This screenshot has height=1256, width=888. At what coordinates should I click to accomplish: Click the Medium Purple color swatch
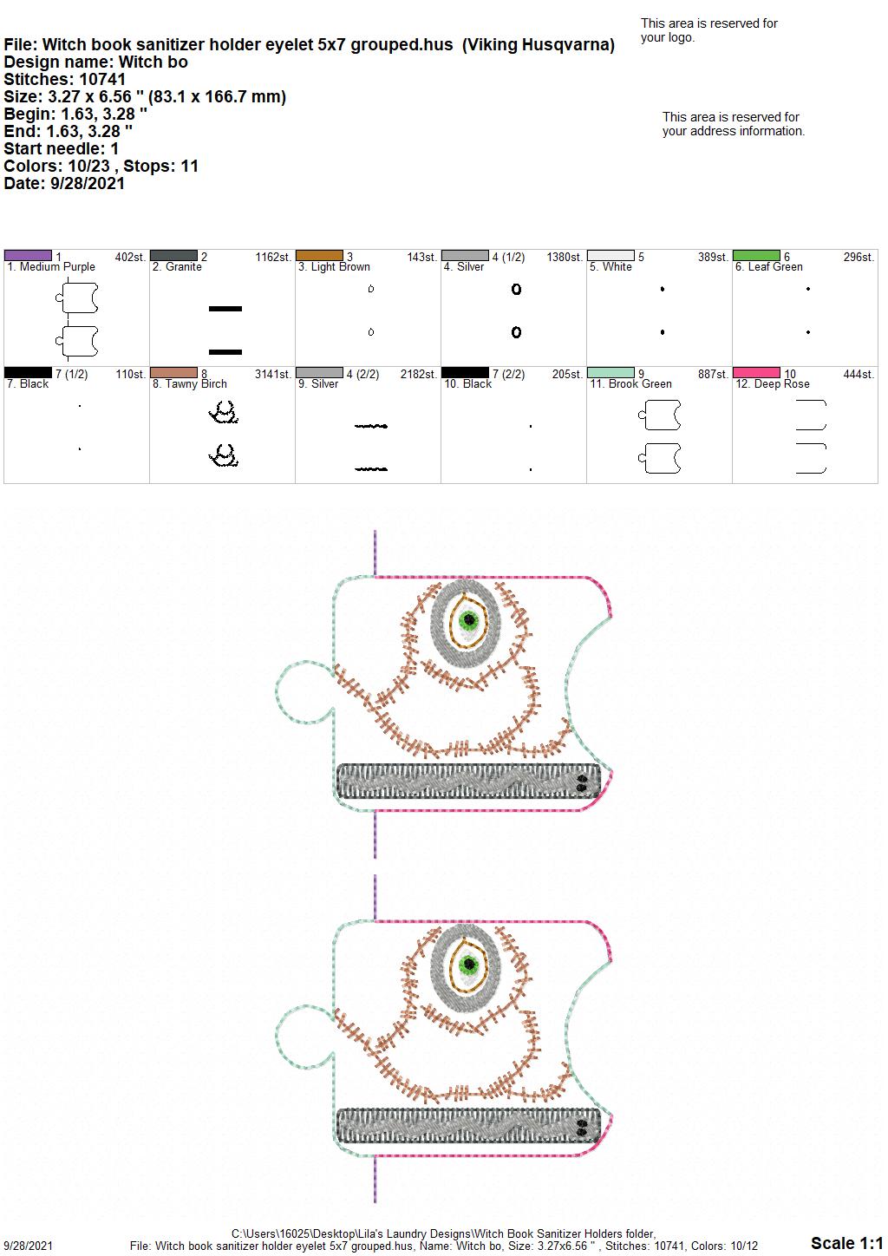point(28,256)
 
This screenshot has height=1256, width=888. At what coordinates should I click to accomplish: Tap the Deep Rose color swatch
point(756,373)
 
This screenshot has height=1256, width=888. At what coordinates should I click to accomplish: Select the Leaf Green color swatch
point(756,256)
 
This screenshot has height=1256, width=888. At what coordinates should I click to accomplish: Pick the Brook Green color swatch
point(610,373)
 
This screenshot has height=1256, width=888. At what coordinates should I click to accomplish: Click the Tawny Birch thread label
point(190,384)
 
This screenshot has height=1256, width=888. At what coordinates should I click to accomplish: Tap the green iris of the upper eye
point(468,620)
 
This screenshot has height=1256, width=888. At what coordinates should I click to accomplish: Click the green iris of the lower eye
point(468,965)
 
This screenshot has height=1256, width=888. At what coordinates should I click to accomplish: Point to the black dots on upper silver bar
point(581,783)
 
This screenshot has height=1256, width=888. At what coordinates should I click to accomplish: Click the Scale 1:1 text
point(846,1242)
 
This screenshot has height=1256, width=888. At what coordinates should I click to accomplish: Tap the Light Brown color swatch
point(319,256)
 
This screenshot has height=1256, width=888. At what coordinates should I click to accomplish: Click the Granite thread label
point(177,267)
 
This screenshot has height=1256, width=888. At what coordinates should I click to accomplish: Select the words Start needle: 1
point(61,148)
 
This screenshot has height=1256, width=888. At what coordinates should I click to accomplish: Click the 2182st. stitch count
point(418,374)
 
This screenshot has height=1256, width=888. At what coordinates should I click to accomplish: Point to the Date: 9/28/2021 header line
point(64,183)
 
